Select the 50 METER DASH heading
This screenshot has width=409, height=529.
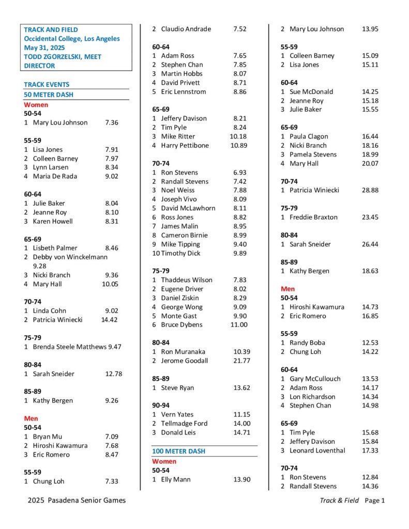tap(49, 95)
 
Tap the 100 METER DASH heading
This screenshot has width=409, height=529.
tap(178, 451)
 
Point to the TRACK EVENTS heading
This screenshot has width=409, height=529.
tap(47, 84)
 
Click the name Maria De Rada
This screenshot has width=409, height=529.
tap(55, 176)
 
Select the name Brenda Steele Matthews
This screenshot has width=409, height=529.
tap(69, 347)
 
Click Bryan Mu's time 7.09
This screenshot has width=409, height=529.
tap(112, 437)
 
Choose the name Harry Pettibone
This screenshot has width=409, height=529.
tap(185, 145)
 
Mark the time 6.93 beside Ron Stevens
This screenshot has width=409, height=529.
tap(239, 172)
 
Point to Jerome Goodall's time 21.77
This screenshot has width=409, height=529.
tap(241, 361)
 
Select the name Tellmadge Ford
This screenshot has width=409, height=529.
tap(184, 423)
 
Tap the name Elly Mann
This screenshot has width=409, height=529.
tap(176, 479)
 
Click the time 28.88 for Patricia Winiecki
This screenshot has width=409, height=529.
tap(370, 190)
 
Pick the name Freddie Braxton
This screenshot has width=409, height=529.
tap(313, 217)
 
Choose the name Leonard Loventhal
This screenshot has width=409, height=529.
tap(317, 450)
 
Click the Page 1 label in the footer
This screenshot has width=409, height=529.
tap(375, 500)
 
